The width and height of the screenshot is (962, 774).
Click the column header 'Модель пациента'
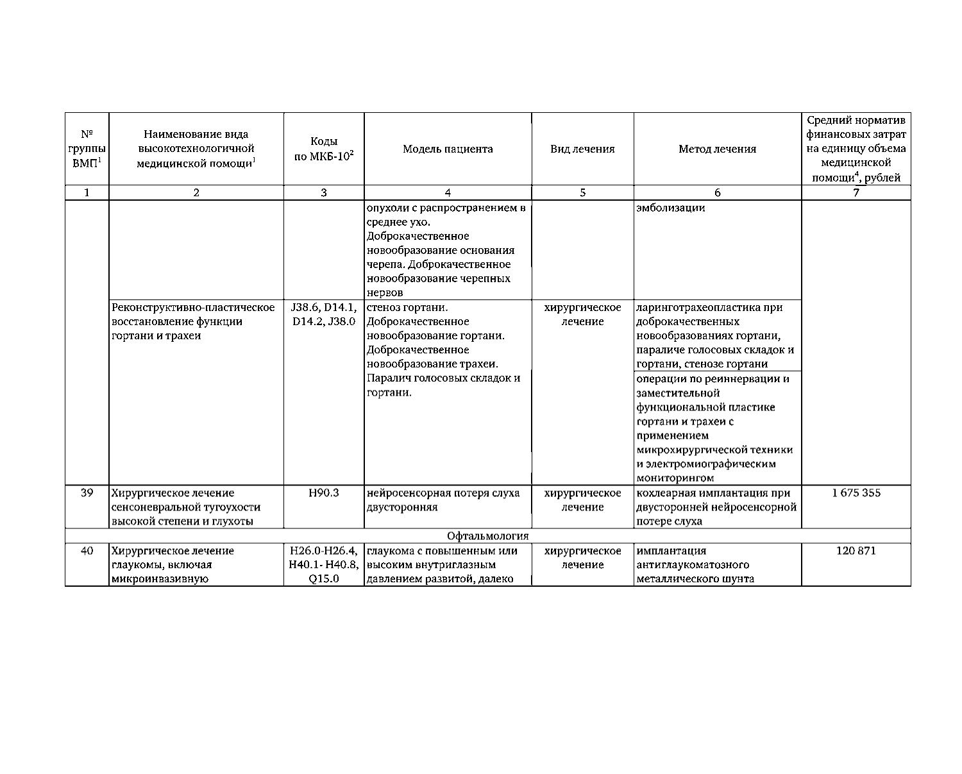(448, 149)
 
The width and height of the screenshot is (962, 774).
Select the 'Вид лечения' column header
(582, 149)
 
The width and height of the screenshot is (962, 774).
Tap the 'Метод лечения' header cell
(717, 149)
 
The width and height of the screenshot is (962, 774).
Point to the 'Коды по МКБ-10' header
(324, 149)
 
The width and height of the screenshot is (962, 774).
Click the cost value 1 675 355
(856, 493)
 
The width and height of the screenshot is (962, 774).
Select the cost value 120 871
(856, 551)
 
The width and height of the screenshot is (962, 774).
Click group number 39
(87, 493)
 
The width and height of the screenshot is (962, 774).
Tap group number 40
(87, 551)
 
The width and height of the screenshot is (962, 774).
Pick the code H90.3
(324, 493)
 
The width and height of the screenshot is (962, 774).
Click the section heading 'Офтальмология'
(487, 536)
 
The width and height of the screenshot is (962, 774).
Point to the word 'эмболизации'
(671, 208)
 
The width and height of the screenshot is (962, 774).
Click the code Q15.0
(324, 579)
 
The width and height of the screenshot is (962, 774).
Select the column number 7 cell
(856, 192)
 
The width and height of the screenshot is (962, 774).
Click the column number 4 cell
(448, 192)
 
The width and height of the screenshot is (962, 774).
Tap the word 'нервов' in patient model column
(385, 293)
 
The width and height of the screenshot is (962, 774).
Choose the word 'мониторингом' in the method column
(675, 478)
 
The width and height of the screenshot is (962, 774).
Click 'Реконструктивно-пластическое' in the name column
(193, 308)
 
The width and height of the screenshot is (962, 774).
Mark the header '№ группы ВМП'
(87, 149)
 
